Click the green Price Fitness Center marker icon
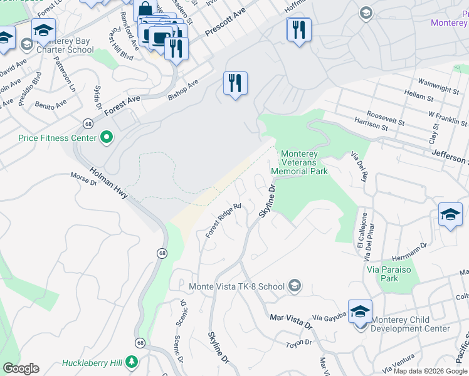107,137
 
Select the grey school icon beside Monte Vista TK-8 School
293,286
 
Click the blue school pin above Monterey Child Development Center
361,311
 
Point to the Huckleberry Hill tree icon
131,363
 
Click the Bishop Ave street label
183,89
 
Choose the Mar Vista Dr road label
290,321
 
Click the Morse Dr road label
84,179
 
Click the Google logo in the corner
21,368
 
